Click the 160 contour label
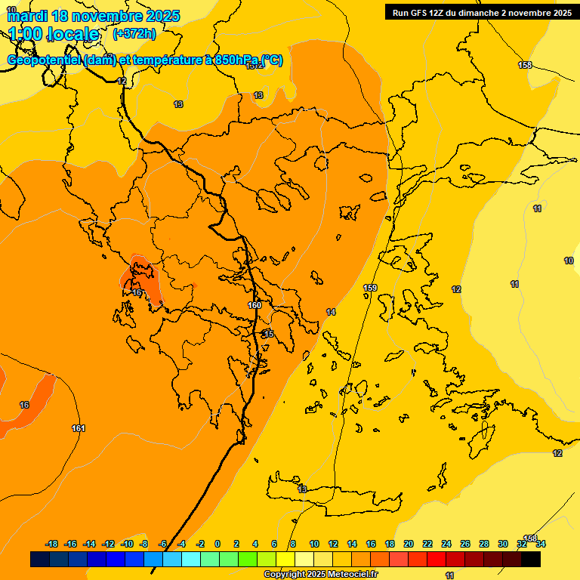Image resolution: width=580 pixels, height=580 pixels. click(255, 305)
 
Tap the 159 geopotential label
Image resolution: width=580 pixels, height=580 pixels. click(370, 288)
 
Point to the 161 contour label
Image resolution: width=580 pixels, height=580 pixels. click(79, 428)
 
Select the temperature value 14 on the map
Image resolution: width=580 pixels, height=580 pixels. click(331, 312)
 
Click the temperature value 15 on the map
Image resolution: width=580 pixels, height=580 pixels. click(269, 334)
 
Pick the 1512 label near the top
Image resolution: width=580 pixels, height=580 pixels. click(255, 66)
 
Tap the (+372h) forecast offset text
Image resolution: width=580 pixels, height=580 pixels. click(134, 33)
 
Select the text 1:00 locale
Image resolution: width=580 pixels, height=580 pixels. click(54, 34)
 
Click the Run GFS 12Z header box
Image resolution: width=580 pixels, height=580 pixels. click(481, 12)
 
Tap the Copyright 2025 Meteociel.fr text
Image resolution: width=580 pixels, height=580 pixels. click(320, 574)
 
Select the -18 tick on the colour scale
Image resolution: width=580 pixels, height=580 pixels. click(51, 544)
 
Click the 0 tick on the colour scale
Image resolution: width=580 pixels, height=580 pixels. click(217, 544)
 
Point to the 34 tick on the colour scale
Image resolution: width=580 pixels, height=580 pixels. click(541, 544)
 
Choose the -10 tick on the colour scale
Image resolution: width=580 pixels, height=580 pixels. click(127, 544)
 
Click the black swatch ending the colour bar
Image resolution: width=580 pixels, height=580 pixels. click(531, 559)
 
